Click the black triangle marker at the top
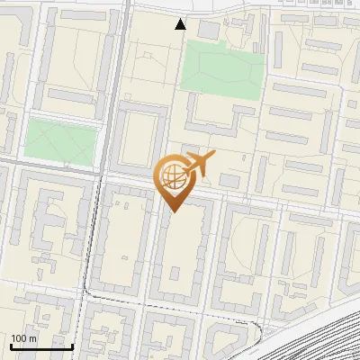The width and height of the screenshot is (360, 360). [181, 24]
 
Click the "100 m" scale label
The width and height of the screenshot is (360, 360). [24, 338]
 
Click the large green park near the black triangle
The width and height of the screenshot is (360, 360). [220, 68]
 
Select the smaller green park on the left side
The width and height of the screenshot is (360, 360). [60, 141]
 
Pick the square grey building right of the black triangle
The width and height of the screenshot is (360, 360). [209, 31]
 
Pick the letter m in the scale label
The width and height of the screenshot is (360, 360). [31, 338]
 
